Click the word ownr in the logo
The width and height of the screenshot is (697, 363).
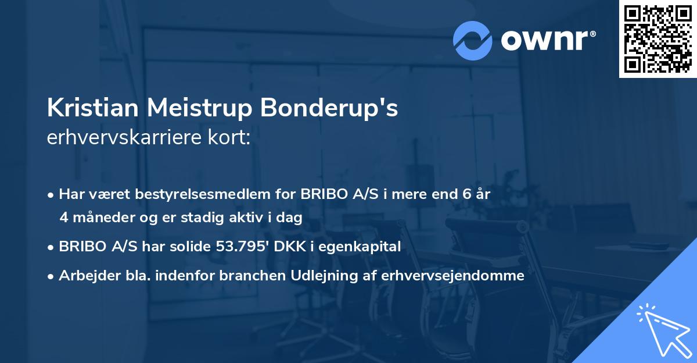pos(545,40)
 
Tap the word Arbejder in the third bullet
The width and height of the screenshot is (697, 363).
pos(85,276)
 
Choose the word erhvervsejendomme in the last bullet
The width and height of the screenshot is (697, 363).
pos(453,276)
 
